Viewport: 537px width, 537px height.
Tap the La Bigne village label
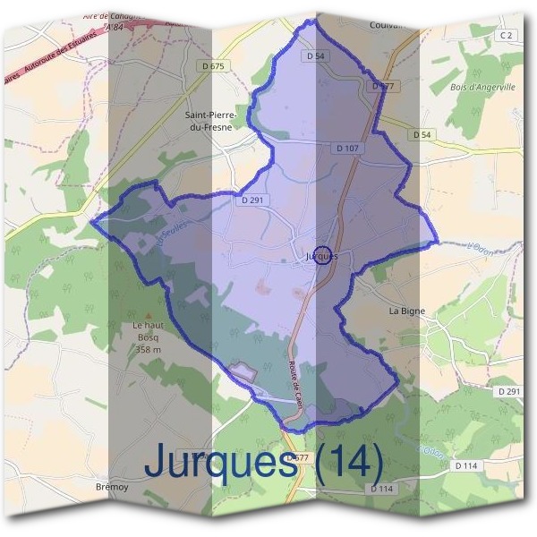click(406, 311)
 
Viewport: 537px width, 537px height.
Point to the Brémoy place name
click(112, 487)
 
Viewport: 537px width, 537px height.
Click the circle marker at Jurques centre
click(324, 255)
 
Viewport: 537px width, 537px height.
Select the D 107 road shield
click(349, 148)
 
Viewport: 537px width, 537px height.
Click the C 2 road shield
click(507, 35)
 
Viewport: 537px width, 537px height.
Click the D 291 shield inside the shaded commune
click(251, 200)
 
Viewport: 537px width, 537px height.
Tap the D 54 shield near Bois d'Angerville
click(422, 134)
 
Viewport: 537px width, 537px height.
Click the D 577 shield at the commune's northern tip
click(382, 87)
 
